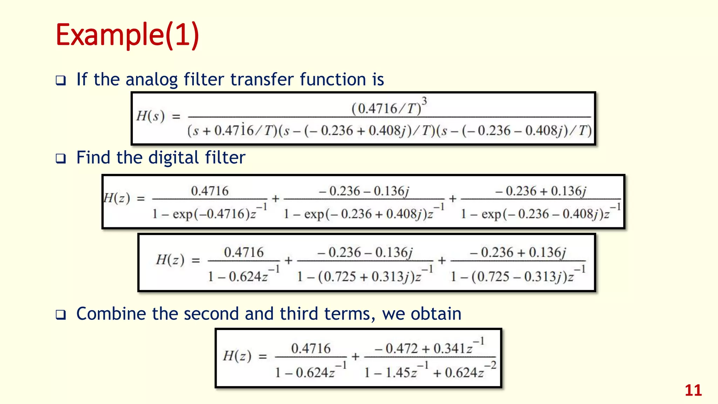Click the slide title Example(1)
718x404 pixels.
[127, 35]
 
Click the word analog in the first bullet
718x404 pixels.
[151, 80]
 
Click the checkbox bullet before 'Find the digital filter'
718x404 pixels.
[61, 159]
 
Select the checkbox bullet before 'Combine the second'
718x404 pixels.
[61, 315]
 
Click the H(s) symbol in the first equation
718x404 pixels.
[150, 116]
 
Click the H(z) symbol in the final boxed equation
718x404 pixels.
[237, 356]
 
